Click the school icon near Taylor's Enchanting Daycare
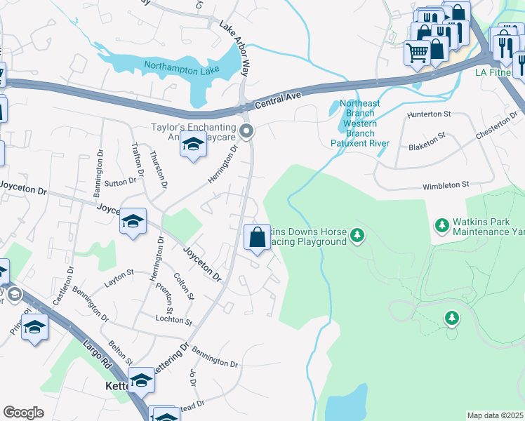click(193, 145)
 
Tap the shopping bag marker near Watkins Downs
click(258, 237)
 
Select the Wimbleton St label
click(445, 185)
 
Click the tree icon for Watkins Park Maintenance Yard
click(442, 225)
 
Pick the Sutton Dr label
click(120, 182)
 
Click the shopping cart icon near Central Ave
click(417, 53)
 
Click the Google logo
click(23, 413)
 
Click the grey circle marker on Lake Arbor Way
click(246, 131)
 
